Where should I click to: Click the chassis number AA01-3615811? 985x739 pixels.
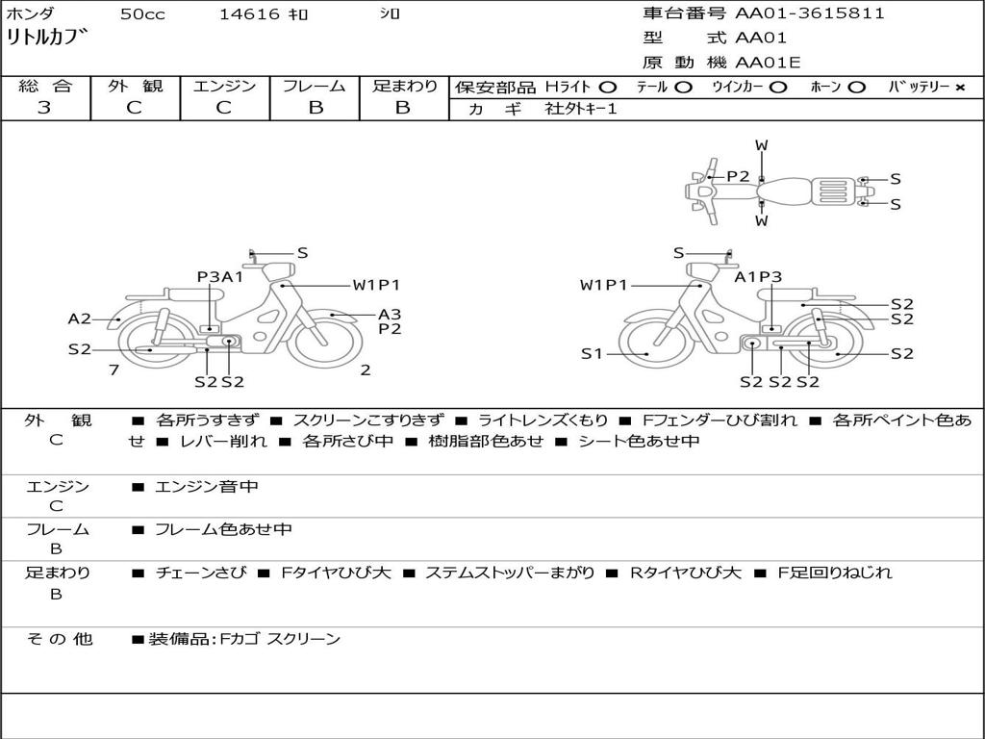click(809, 13)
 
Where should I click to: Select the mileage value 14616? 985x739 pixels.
click(249, 14)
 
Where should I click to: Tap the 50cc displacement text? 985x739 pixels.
click(142, 14)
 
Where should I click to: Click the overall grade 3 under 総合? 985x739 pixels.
click(44, 108)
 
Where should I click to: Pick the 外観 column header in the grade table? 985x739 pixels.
click(135, 86)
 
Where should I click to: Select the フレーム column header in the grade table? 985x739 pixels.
click(315, 86)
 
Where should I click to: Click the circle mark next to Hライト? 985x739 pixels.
click(608, 88)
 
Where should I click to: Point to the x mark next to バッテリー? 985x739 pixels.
click(960, 88)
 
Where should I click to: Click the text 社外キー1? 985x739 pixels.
click(581, 109)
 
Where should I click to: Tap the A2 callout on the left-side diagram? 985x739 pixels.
click(79, 319)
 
